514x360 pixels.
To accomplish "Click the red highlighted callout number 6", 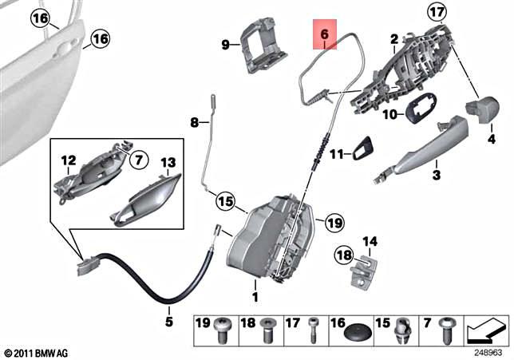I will [324, 35].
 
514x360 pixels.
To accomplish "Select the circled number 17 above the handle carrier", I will [458, 13].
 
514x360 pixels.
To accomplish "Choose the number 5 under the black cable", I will [168, 322].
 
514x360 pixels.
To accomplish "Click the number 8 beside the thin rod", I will [193, 123].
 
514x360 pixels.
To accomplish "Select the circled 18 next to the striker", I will [342, 255].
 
